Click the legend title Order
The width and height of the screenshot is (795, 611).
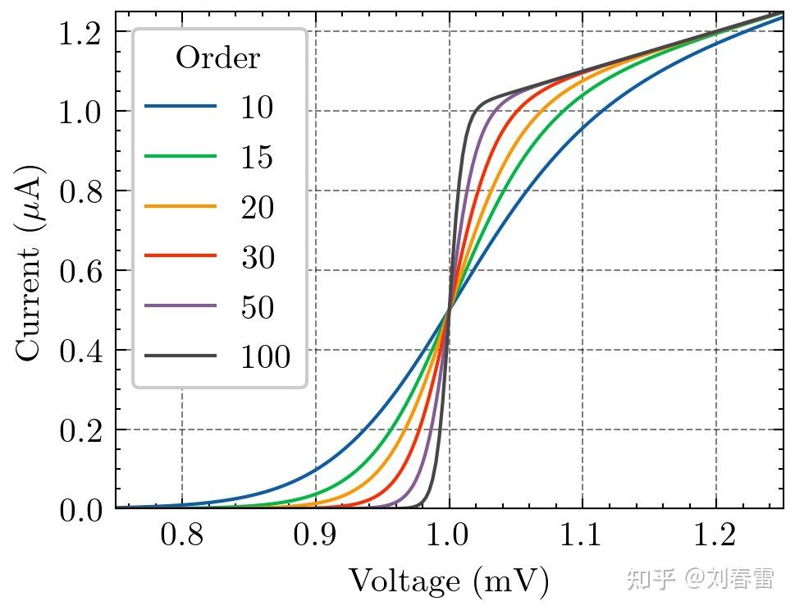tap(218, 58)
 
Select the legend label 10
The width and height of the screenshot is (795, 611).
tap(257, 108)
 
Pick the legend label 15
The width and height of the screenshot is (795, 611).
tap(257, 157)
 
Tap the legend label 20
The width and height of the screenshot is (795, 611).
tap(257, 207)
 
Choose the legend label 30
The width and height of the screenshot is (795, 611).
tap(257, 257)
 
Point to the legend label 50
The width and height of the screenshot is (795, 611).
tap(257, 307)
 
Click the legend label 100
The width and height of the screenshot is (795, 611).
tap(265, 357)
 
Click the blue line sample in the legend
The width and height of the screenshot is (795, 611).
tap(181, 108)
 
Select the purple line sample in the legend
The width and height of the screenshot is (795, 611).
tap(181, 307)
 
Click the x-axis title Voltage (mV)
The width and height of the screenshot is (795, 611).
tap(449, 581)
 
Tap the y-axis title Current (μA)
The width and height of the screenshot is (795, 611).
tap(30, 262)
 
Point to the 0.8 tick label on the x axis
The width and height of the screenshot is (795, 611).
tap(181, 538)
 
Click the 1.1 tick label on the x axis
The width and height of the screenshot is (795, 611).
tap(583, 538)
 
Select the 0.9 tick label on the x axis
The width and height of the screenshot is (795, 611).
tap(315, 538)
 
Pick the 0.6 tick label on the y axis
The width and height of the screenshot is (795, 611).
tap(80, 270)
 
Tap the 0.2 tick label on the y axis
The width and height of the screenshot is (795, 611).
tap(80, 430)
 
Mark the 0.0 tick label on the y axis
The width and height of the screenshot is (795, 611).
tap(80, 509)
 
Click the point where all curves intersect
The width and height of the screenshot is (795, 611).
tap(449, 310)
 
